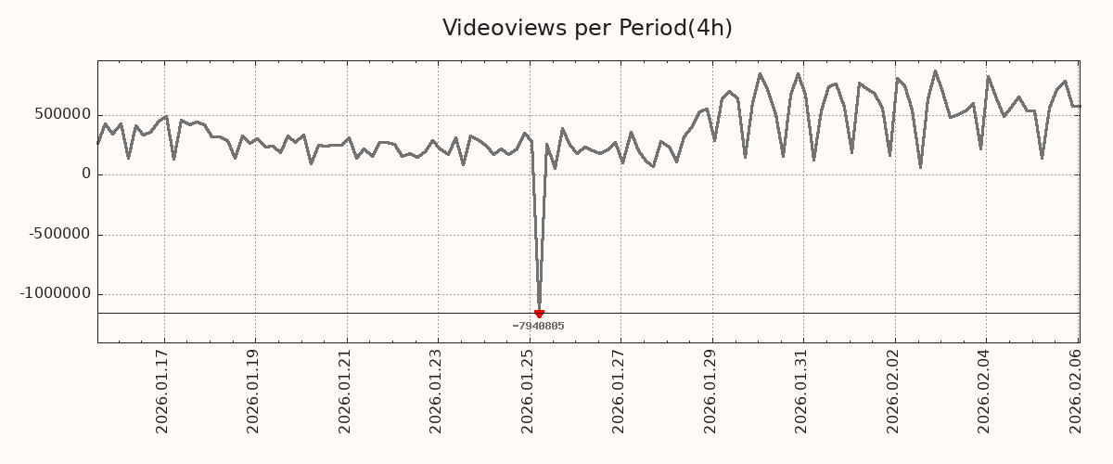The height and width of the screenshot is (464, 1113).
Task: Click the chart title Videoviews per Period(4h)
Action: tap(587, 29)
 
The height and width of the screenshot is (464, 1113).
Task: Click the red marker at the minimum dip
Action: tap(539, 314)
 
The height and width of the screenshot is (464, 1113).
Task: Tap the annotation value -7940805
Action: tap(538, 326)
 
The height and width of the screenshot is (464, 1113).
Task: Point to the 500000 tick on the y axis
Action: tap(63, 114)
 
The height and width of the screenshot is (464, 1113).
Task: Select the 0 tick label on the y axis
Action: tap(86, 174)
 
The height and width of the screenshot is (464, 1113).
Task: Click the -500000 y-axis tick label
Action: tap(60, 234)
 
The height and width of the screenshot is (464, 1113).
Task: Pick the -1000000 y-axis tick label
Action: tap(57, 293)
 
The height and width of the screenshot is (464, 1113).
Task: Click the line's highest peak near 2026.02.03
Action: tap(935, 71)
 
